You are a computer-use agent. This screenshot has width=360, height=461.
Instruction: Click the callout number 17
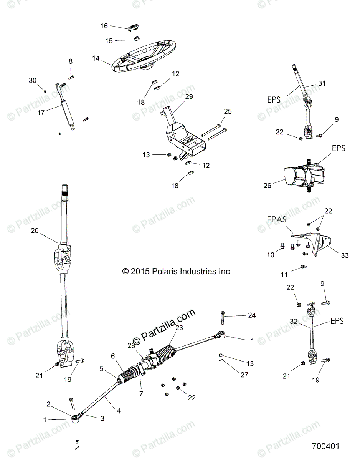(41, 113)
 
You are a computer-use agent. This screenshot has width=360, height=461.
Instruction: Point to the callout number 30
(33, 80)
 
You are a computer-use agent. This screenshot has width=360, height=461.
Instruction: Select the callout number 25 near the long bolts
(228, 111)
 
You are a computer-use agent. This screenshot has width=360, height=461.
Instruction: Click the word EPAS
(276, 221)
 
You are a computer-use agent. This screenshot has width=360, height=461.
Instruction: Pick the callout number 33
(344, 255)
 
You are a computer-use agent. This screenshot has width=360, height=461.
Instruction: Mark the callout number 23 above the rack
(179, 328)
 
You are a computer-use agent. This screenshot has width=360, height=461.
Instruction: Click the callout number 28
(131, 345)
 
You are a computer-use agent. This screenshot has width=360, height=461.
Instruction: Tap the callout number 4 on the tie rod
(119, 411)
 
